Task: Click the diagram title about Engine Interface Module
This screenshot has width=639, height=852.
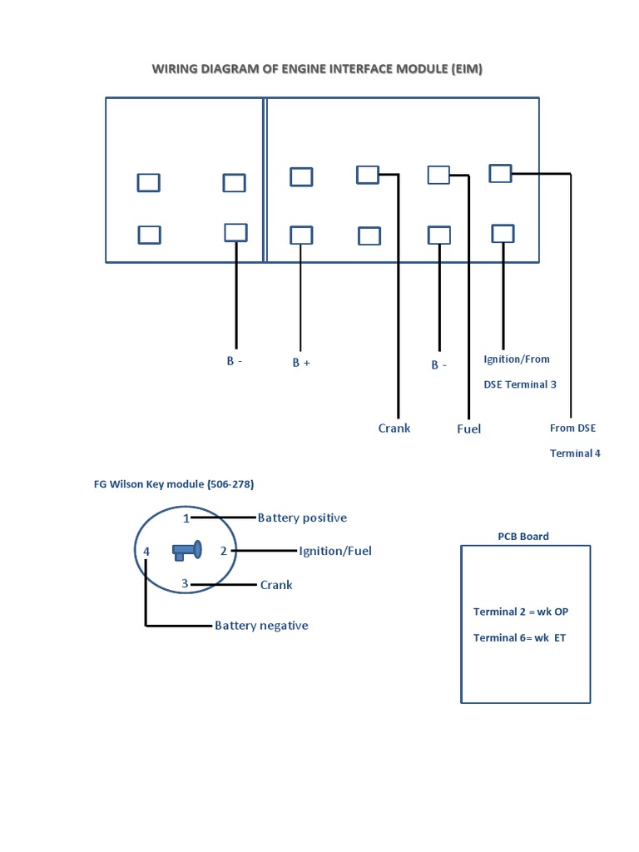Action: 317,69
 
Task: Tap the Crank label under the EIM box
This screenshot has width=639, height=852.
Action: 394,428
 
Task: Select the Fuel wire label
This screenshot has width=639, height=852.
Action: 468,429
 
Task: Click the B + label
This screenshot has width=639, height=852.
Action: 301,364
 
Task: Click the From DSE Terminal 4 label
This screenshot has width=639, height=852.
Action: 574,440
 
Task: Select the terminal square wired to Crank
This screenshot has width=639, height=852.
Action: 368,175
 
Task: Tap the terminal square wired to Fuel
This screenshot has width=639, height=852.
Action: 438,175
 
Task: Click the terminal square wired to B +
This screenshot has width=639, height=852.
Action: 301,235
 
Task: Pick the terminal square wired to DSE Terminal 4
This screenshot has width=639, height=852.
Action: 500,173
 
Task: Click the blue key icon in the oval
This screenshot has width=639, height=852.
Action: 187,550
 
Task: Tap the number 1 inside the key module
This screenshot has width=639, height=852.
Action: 186,518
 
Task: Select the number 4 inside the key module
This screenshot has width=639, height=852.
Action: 146,552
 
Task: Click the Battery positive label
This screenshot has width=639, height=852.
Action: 302,518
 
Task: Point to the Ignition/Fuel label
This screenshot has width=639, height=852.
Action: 335,551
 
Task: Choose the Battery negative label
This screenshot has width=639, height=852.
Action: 261,626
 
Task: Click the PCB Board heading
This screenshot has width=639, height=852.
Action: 523,537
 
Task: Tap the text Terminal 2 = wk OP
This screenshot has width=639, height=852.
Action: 521,612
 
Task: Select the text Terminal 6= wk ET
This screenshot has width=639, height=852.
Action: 519,638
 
